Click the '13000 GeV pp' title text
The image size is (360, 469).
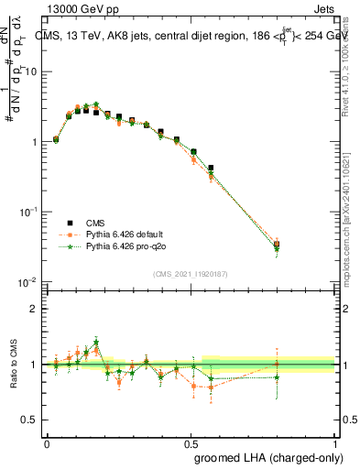point(79,7)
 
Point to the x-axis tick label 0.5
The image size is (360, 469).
point(191,442)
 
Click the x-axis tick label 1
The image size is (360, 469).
point(334,442)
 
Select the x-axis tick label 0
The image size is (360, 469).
point(47,442)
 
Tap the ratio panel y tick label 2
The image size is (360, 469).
point(33,309)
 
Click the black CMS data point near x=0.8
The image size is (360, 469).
point(277,245)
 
